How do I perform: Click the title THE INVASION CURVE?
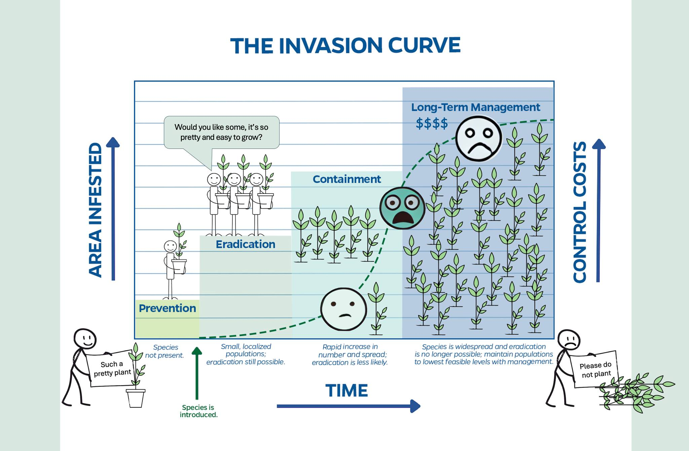pyautogui.click(x=345, y=46)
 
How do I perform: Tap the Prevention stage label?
pyautogui.click(x=167, y=308)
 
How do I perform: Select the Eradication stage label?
pyautogui.click(x=245, y=244)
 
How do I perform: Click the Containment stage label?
pyautogui.click(x=347, y=179)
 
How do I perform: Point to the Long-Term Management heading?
pyautogui.click(x=475, y=107)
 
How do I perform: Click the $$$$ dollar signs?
pyautogui.click(x=432, y=123)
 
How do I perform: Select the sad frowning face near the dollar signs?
pyautogui.click(x=478, y=138)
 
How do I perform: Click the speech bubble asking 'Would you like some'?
pyautogui.click(x=221, y=132)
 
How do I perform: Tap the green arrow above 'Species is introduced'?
pyautogui.click(x=197, y=373)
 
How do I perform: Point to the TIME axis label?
pyautogui.click(x=347, y=391)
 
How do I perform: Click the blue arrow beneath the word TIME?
pyautogui.click(x=348, y=406)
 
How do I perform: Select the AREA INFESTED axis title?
pyautogui.click(x=95, y=210)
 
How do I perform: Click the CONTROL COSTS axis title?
pyautogui.click(x=580, y=212)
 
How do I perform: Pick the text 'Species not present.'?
pyautogui.click(x=165, y=351)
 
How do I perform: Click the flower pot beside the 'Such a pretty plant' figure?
pyautogui.click(x=136, y=398)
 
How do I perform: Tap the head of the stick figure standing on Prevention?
pyautogui.click(x=170, y=246)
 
